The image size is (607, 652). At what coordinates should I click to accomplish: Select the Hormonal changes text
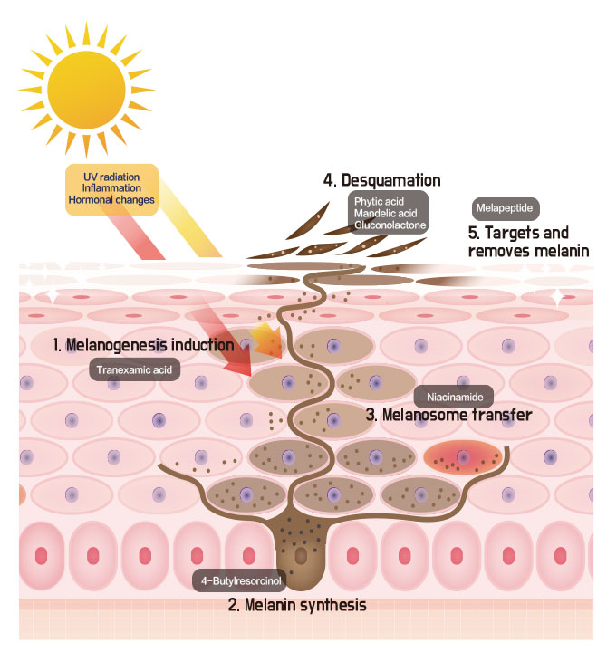point(111,199)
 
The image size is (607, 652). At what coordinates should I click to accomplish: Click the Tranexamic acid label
point(136,369)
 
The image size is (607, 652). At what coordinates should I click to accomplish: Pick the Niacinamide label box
point(454,397)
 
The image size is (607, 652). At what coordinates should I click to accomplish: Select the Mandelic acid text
point(385,213)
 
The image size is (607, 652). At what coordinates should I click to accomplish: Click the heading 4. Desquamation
point(382,181)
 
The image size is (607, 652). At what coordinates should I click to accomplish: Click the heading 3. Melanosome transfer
point(448,416)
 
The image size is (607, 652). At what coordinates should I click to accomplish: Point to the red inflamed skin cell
point(463,457)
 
